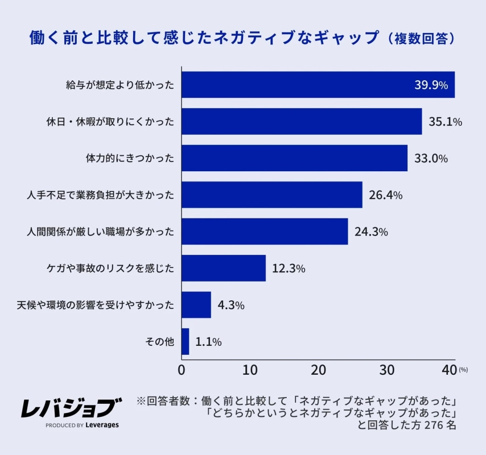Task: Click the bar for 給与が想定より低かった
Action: [x=318, y=85]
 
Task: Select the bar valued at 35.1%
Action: [x=302, y=122]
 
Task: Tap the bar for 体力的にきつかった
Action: [x=294, y=158]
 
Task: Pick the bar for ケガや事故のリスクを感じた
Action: [x=224, y=268]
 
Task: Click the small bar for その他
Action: [x=185, y=342]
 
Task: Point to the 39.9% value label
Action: [x=431, y=85]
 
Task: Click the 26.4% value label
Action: [x=385, y=195]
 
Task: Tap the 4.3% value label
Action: [x=231, y=305]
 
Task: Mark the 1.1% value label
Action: [x=208, y=342]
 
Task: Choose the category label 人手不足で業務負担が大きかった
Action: [x=100, y=195]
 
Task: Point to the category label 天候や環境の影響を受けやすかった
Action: [x=95, y=305]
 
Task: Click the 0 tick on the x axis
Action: [x=182, y=370]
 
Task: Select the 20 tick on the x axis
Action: [x=318, y=370]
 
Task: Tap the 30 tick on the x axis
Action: [x=387, y=370]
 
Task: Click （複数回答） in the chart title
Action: [x=421, y=38]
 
